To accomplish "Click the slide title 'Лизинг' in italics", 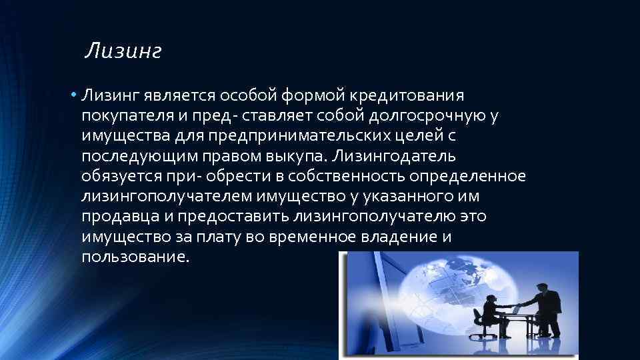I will tap(124, 51).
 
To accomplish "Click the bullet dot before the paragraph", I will tap(75, 95).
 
